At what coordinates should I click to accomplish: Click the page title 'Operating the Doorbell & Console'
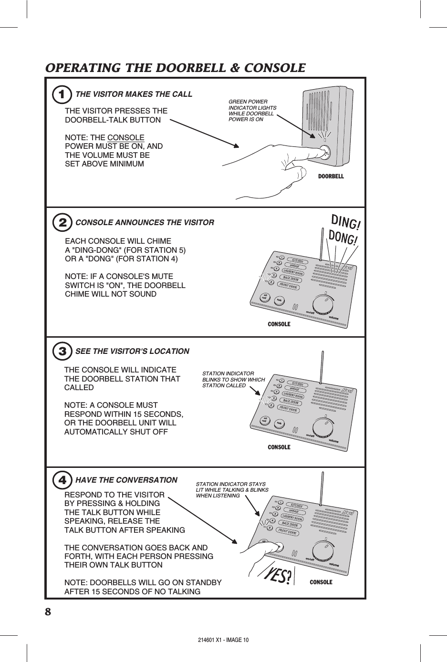click(x=175, y=68)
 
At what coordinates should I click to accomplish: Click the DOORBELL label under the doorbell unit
click(x=331, y=176)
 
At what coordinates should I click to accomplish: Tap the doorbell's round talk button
click(x=325, y=153)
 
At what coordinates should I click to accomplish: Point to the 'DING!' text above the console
click(x=346, y=222)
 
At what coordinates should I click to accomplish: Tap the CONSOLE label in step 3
click(x=279, y=447)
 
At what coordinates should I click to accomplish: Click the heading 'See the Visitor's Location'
click(x=132, y=352)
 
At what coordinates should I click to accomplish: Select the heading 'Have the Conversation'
click(x=126, y=480)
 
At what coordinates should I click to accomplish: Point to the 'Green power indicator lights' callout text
click(x=252, y=111)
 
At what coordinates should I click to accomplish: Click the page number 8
click(x=48, y=611)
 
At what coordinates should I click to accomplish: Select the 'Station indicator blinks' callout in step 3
click(x=233, y=380)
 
